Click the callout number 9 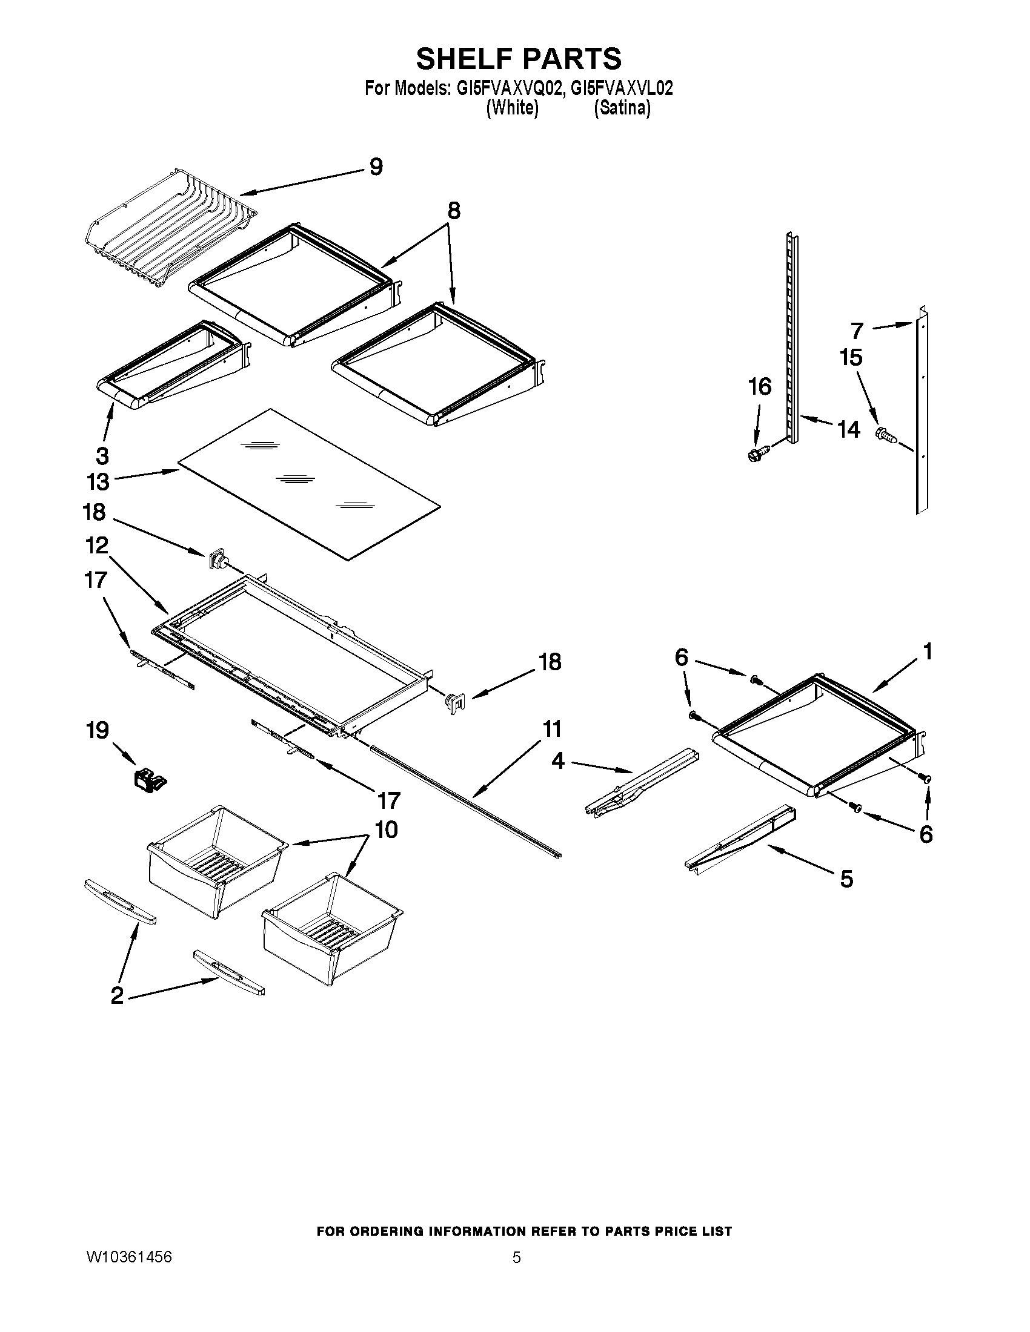pyautogui.click(x=376, y=166)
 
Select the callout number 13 pyautogui.click(x=98, y=482)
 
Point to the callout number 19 pyautogui.click(x=98, y=730)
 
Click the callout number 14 pyautogui.click(x=848, y=429)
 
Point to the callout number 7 pyautogui.click(x=857, y=331)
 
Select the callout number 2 pyautogui.click(x=116, y=995)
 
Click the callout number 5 pyautogui.click(x=846, y=879)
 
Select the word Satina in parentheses pyautogui.click(x=622, y=108)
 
